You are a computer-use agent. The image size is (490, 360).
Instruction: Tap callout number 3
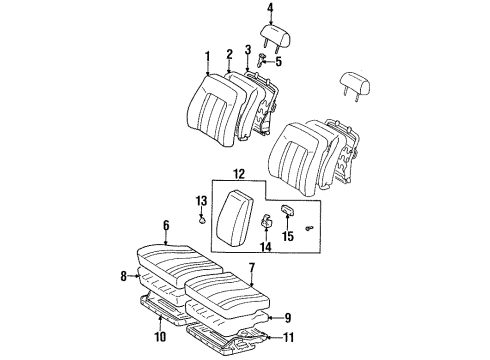[247, 49]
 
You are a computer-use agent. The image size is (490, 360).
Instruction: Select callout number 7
[251, 267]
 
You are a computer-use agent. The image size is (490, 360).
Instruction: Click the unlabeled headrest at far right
[356, 83]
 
